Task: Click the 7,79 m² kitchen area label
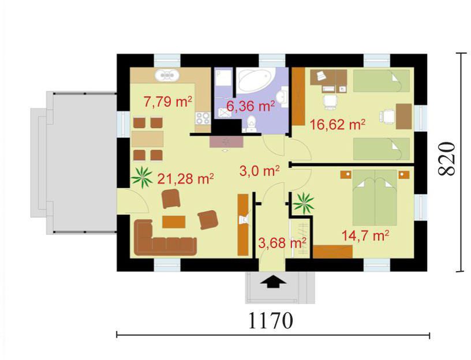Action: coord(168,102)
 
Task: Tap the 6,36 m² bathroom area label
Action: coord(251,106)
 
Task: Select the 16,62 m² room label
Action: coord(337,124)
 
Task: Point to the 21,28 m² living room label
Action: coord(186,179)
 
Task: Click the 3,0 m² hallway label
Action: coord(260,171)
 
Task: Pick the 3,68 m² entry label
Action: coord(282,243)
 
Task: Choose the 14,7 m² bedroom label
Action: coord(365,236)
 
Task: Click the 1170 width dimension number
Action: coord(270,320)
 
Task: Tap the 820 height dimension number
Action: coord(447,158)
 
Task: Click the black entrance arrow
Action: coord(272,283)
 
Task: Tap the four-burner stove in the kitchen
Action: coord(203,118)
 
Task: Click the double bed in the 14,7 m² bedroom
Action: coord(375,197)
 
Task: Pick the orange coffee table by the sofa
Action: coord(174,222)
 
